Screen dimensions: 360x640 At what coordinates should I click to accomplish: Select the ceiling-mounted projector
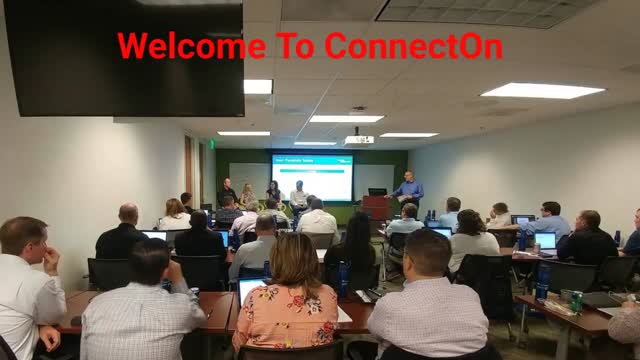[358, 138]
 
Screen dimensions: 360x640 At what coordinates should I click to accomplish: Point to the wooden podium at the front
[376, 207]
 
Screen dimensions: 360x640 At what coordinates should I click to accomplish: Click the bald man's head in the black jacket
[128, 214]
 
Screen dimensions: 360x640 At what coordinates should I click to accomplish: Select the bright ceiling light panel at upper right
[542, 90]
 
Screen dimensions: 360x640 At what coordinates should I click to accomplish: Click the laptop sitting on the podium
[377, 192]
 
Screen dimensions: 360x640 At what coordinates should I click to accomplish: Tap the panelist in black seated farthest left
[229, 191]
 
